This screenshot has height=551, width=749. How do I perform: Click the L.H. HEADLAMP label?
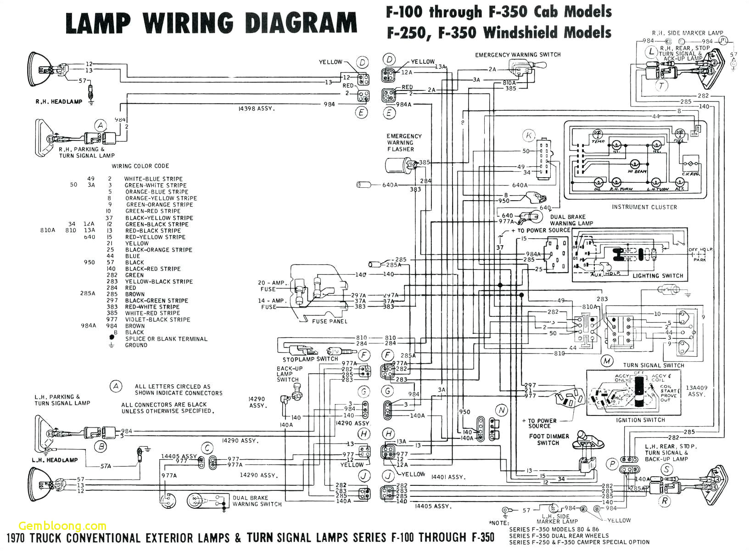tap(55, 460)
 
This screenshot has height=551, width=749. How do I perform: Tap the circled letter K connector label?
tap(529, 135)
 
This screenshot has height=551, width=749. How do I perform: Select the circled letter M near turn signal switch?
tap(607, 360)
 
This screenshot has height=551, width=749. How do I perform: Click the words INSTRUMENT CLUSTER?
tap(644, 207)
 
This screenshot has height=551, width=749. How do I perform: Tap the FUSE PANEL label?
tap(330, 321)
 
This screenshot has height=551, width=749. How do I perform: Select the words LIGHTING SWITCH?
tap(658, 276)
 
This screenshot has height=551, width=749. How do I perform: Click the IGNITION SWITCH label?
tap(640, 420)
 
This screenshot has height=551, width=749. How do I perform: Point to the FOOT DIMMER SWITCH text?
tap(548, 439)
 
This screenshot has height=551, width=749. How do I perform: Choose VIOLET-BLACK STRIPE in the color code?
tap(157, 320)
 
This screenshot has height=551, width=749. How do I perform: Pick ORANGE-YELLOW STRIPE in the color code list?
tap(161, 198)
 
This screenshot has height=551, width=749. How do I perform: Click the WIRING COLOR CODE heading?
tap(140, 166)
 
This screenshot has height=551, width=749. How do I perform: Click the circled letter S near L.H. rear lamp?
tap(666, 469)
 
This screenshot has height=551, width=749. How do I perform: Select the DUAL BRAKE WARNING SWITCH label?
tap(257, 501)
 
